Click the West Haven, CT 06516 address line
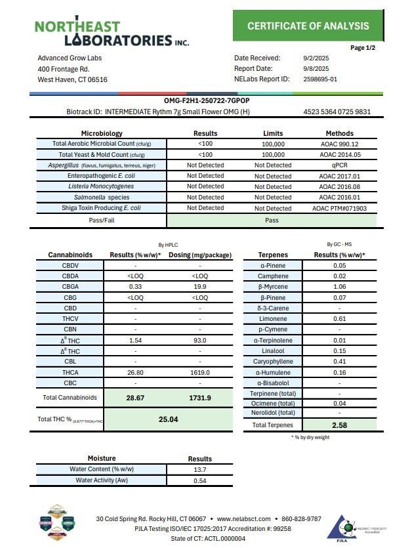pos(72,79)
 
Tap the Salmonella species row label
pos(101,197)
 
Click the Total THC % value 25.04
pos(169,419)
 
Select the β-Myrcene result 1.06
pos(339,287)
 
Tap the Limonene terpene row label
pos(274,318)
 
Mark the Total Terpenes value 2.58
pos(339,426)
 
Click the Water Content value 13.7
pos(199,470)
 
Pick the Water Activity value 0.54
pos(199,480)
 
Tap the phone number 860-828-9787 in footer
pos(301,518)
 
